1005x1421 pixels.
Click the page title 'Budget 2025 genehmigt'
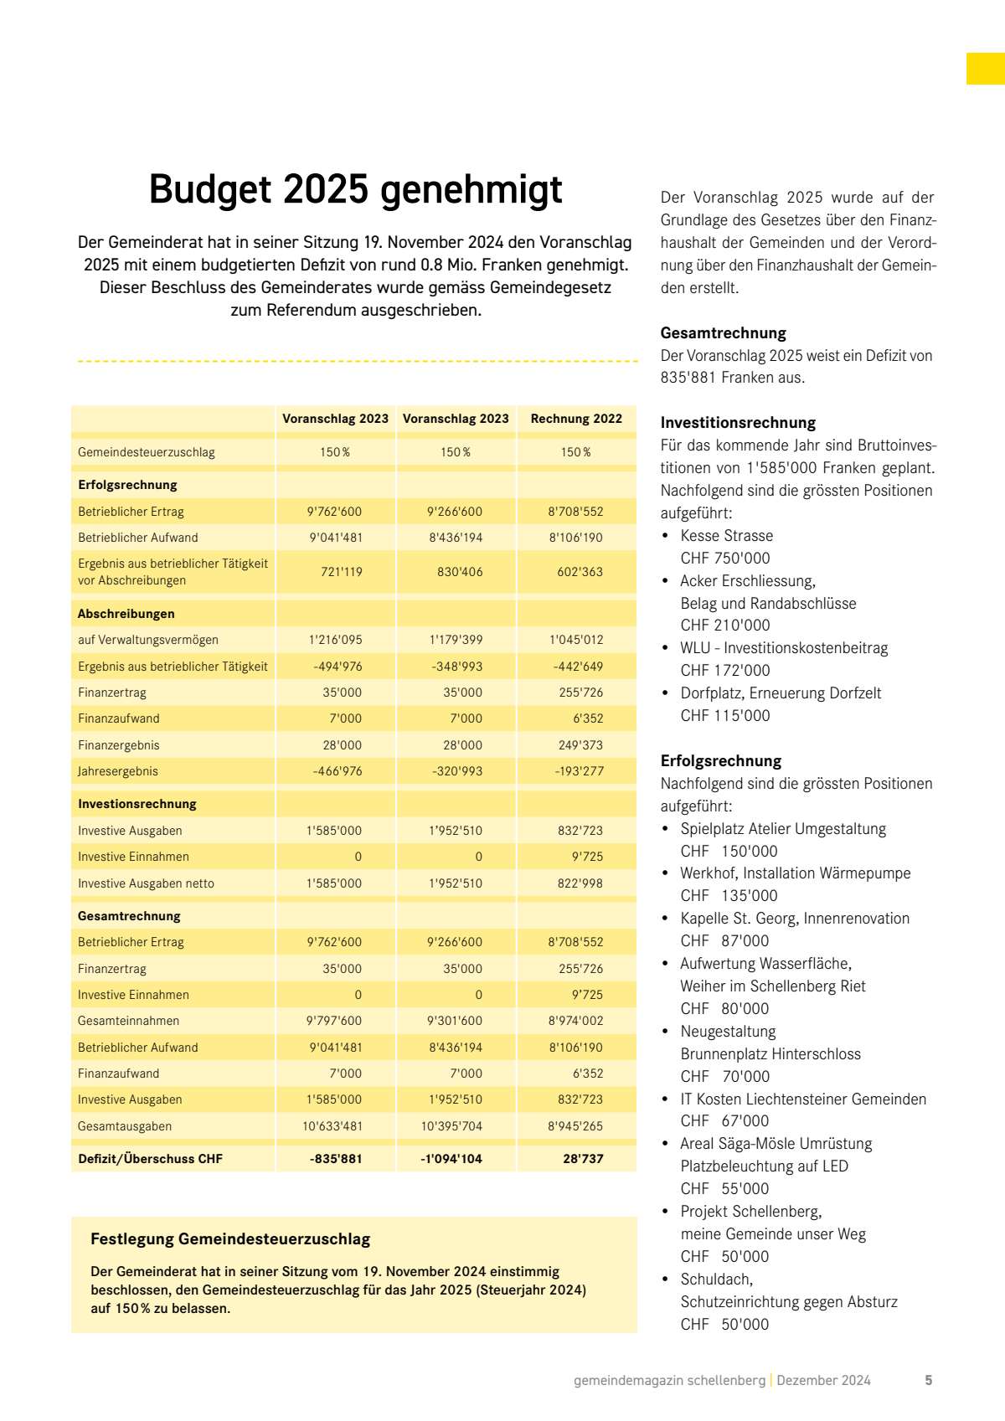point(355,190)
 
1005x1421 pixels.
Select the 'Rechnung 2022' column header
point(576,419)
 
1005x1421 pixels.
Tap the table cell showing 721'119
point(342,572)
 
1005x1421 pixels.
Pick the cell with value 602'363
point(580,572)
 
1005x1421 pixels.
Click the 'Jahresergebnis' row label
point(118,771)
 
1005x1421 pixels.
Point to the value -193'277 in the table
point(579,771)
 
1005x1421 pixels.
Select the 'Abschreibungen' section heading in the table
point(126,614)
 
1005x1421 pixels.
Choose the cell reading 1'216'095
point(335,640)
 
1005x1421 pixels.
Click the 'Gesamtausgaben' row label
point(125,1126)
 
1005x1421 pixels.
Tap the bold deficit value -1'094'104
point(451,1159)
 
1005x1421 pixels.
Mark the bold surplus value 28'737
point(583,1159)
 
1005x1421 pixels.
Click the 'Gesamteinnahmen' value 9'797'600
point(334,1021)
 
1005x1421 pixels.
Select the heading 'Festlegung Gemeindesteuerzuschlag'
point(230,1239)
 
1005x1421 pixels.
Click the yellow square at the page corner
point(986,69)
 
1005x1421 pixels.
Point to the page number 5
point(929,1380)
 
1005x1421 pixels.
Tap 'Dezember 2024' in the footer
point(823,1380)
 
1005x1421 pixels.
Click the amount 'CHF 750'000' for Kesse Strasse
point(725,559)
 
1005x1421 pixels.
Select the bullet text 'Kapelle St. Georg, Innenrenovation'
point(795,919)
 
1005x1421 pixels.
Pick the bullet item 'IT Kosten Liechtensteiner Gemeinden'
point(803,1099)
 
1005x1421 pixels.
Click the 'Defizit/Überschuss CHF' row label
point(151,1159)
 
